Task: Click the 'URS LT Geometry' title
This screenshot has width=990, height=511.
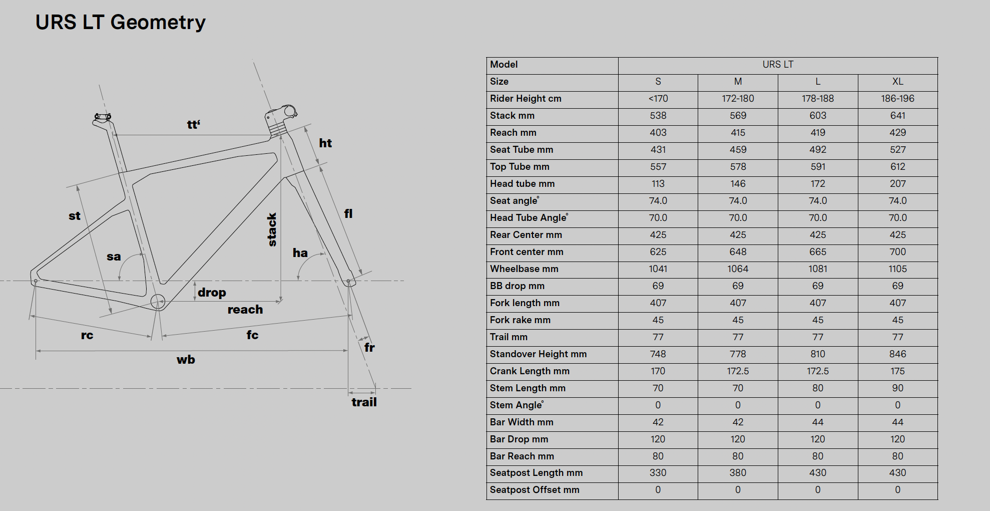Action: pos(120,22)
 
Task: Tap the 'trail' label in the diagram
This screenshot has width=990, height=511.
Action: pos(364,402)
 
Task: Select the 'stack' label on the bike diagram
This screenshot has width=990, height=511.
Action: pos(272,229)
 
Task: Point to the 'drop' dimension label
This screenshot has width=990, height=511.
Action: pos(212,293)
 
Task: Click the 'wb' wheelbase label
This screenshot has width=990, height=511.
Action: pos(186,360)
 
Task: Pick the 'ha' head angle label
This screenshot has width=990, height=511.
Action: pos(300,253)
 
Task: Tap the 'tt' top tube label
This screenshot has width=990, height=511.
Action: pos(193,125)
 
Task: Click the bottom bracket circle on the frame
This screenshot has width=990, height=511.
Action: pos(158,302)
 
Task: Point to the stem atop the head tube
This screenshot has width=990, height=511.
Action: pos(282,114)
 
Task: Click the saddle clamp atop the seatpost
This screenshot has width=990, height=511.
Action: pos(103,117)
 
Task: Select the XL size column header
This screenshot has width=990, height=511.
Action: pos(897,82)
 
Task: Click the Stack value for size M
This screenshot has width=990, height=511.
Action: pos(738,116)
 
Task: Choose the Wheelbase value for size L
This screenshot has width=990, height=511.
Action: pos(818,269)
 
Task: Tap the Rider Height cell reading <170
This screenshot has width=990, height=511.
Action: pos(658,99)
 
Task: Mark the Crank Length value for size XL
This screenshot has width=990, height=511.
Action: pos(897,371)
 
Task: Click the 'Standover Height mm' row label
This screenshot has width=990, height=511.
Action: pos(538,354)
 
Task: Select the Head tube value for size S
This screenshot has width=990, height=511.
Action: pos(658,184)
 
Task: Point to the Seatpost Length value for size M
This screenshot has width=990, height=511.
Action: pos(738,473)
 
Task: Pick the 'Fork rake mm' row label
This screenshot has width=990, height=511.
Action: pos(520,320)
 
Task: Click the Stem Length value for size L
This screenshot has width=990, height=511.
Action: pos(818,388)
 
